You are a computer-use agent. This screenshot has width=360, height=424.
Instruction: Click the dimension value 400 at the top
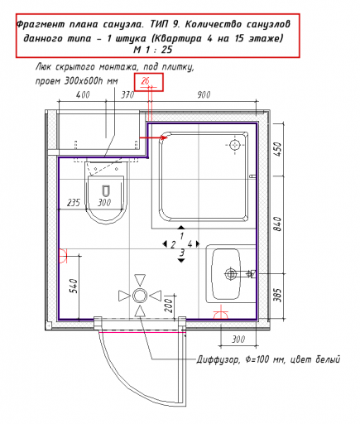(83, 95)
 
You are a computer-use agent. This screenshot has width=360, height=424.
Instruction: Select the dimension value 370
(127, 95)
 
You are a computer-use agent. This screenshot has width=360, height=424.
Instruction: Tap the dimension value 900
(204, 95)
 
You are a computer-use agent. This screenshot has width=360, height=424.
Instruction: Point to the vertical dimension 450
(278, 149)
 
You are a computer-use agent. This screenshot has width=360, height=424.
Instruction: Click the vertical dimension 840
(278, 224)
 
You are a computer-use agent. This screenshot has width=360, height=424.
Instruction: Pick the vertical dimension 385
(278, 295)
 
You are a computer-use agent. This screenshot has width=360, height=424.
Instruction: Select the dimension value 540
(74, 286)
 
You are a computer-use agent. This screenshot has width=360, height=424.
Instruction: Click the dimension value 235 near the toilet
(74, 203)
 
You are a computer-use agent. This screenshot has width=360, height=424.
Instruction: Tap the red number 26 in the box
(145, 81)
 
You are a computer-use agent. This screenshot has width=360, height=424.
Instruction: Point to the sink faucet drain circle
(231, 274)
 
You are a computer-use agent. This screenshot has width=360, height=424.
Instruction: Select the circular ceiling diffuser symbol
(140, 296)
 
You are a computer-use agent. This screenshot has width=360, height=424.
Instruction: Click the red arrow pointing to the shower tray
(153, 137)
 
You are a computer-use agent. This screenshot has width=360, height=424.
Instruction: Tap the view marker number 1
(181, 236)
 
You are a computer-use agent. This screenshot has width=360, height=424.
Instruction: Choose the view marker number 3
(182, 253)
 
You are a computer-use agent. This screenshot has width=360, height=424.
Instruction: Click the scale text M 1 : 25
(153, 50)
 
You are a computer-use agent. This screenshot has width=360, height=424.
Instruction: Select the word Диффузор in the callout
(218, 360)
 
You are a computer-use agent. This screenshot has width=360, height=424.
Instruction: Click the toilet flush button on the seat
(105, 190)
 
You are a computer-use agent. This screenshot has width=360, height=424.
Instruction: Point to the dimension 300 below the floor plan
(238, 340)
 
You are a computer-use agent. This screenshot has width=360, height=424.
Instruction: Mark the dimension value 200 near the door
(169, 306)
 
